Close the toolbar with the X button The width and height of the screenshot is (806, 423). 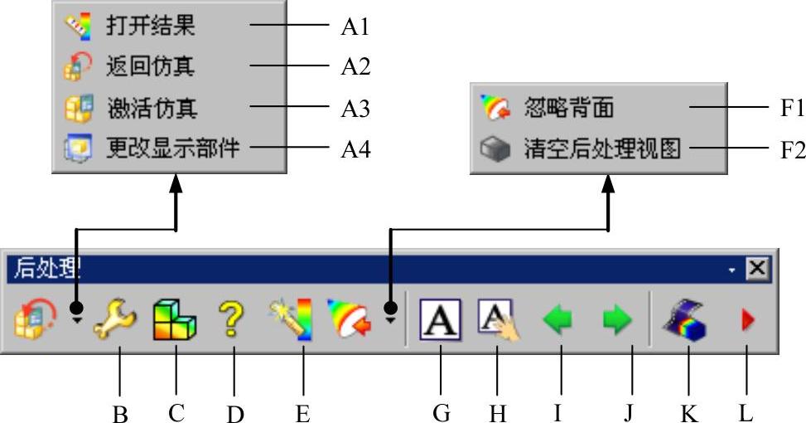(757, 268)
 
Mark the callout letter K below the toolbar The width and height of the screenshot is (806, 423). (688, 413)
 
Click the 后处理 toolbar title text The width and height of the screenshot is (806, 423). (45, 268)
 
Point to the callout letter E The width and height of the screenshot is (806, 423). (302, 413)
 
